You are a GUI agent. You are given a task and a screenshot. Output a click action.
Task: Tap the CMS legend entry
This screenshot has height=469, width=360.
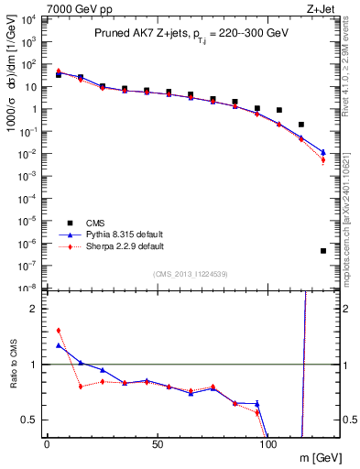95,222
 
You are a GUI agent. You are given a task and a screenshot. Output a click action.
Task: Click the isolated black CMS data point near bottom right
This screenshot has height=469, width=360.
323,251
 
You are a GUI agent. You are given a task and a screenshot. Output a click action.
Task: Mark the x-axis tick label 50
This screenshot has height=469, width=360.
158,444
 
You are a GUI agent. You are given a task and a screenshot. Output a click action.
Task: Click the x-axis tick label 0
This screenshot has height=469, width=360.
47,444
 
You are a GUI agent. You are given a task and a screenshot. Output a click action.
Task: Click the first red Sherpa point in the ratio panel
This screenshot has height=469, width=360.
59,330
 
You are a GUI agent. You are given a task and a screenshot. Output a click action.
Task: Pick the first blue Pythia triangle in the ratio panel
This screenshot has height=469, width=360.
59,345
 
